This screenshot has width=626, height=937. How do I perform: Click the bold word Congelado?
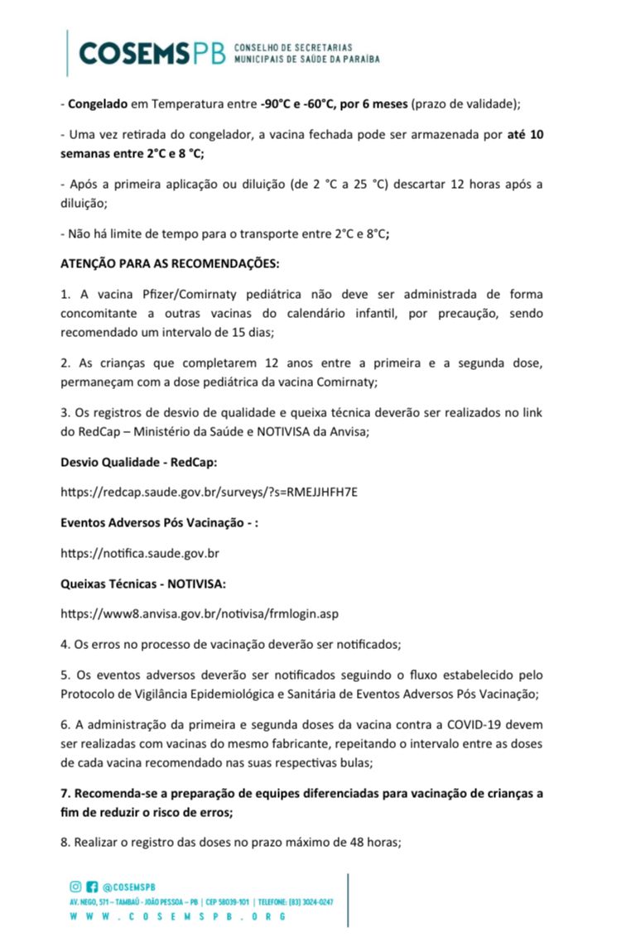point(97,104)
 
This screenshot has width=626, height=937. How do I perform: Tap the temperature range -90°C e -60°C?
point(302,104)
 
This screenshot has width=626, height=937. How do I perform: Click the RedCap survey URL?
point(209,491)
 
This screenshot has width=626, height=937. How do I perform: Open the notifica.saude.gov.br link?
point(140,552)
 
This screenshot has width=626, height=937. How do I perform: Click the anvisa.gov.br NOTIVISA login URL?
point(200,613)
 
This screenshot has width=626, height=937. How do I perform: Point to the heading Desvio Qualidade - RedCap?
point(138,460)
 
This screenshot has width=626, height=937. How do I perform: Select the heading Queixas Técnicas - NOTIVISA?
point(143,583)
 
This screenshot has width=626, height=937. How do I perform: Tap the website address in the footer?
point(178,916)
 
